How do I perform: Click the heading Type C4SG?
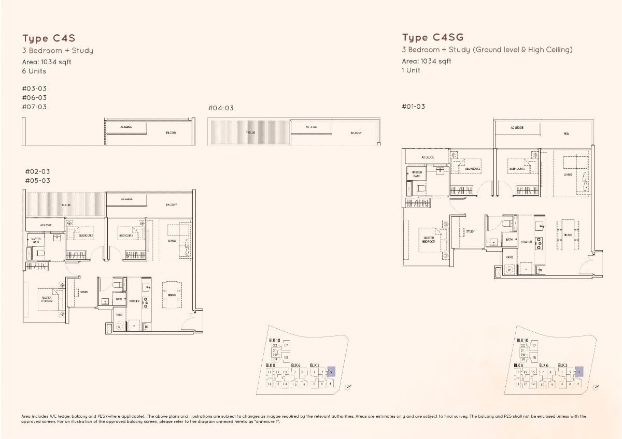pos(433,37)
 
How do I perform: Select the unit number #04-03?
pos(221,108)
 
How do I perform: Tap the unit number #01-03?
pos(413,107)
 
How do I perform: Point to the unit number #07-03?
pos(34,107)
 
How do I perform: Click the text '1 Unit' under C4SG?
pos(411,70)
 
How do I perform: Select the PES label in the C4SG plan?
pos(566,134)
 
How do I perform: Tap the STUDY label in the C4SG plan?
pos(470,231)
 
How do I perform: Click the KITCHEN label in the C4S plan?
pos(134,301)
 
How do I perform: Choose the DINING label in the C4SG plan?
pos(568,235)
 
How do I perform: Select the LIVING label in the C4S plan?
pos(172,241)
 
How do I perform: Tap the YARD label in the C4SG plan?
pos(509,257)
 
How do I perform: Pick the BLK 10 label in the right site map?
pos(522,340)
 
